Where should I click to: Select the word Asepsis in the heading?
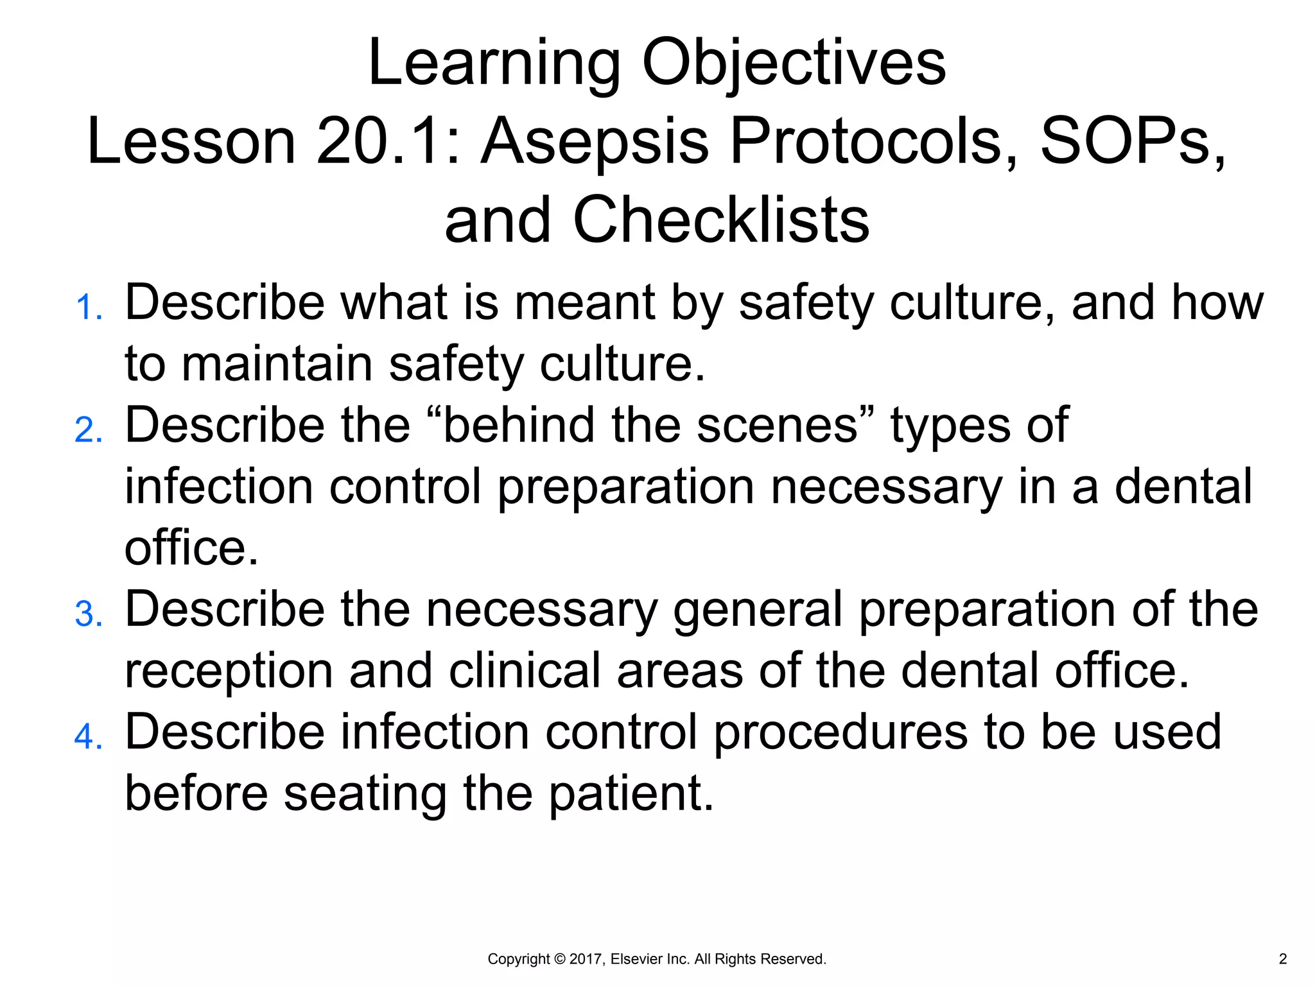(x=595, y=143)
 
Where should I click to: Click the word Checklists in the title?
(x=720, y=220)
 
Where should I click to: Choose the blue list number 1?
(x=88, y=307)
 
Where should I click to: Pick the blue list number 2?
(x=88, y=430)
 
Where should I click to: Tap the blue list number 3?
(x=88, y=614)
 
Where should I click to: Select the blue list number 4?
(x=88, y=737)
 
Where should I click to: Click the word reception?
(x=229, y=671)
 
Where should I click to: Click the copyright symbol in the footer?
(x=559, y=959)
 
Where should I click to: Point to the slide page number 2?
(x=1283, y=959)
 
